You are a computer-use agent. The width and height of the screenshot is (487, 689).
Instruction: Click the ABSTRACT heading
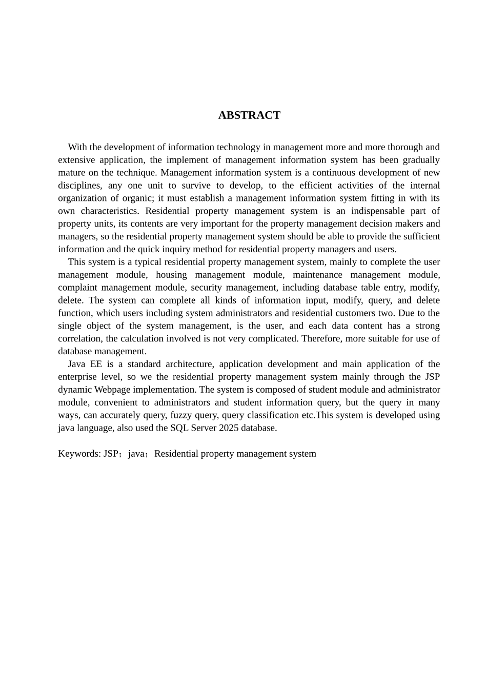point(249,115)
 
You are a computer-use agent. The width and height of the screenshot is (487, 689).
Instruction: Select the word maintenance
point(317,275)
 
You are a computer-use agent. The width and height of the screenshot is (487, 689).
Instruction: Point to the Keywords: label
point(79,454)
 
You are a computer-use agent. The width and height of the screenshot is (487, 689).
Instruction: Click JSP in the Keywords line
point(111,454)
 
